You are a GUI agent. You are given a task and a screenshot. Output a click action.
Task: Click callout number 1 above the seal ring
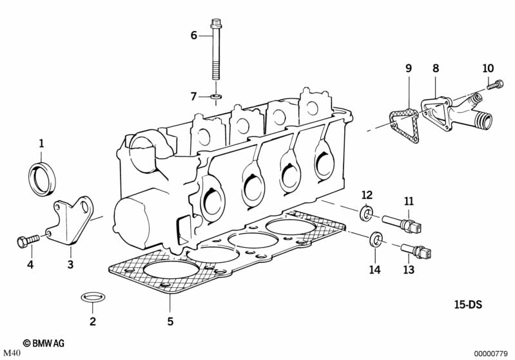41,143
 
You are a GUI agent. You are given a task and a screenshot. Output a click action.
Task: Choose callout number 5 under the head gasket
170,321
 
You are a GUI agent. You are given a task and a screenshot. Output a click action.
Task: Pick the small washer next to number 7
215,97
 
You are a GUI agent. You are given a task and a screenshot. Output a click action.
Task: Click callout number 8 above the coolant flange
436,68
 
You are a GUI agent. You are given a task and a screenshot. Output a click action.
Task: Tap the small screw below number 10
493,83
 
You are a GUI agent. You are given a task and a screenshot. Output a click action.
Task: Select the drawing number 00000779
492,353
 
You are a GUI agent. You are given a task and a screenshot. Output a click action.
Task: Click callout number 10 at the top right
488,68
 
